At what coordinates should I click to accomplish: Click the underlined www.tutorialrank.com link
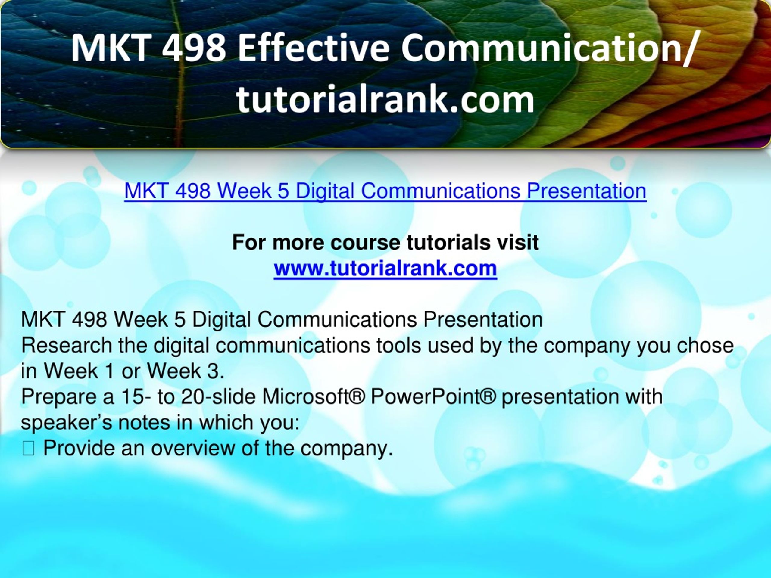(x=385, y=269)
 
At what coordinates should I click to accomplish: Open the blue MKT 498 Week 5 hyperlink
(x=385, y=191)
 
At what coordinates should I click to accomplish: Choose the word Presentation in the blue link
(x=586, y=191)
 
